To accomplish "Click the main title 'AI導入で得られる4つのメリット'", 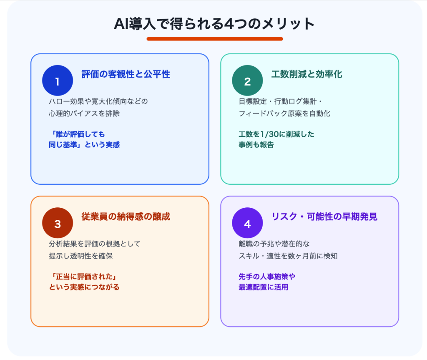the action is tap(214, 24).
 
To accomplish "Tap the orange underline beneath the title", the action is tap(215, 39).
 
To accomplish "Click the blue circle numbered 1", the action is tap(58, 81).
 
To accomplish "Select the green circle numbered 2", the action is tap(247, 81).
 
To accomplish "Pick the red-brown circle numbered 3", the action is tap(58, 223).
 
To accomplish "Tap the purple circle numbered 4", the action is tap(247, 223).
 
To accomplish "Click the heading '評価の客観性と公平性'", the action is tap(126, 74).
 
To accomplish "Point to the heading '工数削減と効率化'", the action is tap(306, 74).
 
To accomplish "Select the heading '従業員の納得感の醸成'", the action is tap(126, 217).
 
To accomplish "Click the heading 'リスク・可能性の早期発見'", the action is tap(324, 217).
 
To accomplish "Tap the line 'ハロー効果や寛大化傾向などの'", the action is tap(98, 101).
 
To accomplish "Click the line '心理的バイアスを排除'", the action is tap(84, 113).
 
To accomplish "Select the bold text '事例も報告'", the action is tap(256, 145).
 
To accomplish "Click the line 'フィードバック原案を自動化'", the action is tap(284, 113).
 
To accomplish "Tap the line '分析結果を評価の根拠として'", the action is tap(95, 244).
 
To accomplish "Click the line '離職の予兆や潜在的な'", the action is tap(274, 244).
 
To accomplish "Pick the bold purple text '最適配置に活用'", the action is tap(264, 287).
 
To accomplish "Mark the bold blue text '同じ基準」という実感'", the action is tap(84, 145).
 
